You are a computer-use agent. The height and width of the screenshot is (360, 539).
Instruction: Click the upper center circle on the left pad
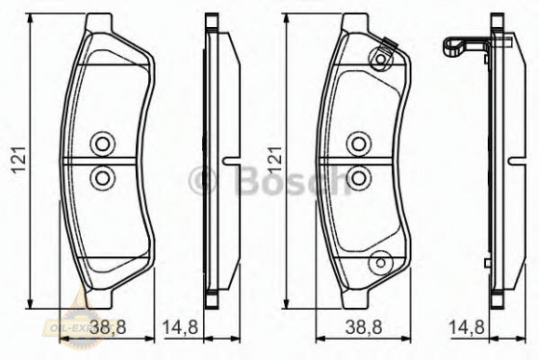coord(101,144)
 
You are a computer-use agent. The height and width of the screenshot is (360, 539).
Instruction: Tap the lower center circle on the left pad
coord(101,176)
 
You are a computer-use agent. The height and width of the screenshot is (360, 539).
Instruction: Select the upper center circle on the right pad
coord(358,144)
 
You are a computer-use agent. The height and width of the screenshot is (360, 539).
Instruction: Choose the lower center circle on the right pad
coord(358,176)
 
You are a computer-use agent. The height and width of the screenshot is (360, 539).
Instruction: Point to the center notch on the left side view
coord(226,160)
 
